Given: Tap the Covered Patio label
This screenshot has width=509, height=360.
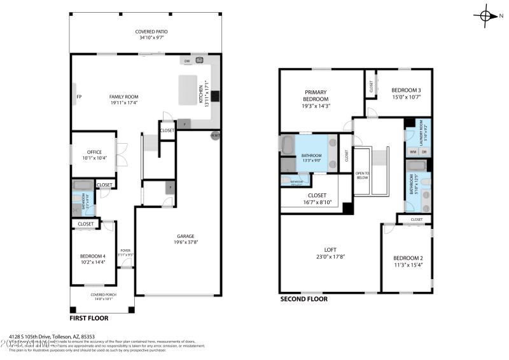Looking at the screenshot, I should [x=151, y=32].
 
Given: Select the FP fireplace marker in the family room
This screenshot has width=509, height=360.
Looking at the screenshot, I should [x=79, y=97].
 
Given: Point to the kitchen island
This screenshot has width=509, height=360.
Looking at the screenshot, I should [x=188, y=90].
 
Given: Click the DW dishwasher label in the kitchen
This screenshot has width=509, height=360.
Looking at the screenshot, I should [x=187, y=62].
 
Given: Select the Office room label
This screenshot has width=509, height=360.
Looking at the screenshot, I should [x=94, y=152].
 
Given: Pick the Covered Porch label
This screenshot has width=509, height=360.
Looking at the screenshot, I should [x=102, y=294].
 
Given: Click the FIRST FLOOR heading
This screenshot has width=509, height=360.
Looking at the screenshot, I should [x=88, y=317].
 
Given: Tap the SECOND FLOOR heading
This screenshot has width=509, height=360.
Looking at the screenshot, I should [x=303, y=298].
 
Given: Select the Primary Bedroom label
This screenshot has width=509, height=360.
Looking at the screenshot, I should [x=316, y=96].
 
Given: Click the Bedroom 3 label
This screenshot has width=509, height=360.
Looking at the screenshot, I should [x=406, y=90].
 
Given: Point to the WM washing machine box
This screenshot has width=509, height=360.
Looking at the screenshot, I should [x=412, y=151].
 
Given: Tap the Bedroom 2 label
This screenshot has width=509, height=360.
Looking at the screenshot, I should [x=408, y=258].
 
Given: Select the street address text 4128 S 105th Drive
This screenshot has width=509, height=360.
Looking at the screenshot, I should [x=52, y=336].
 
